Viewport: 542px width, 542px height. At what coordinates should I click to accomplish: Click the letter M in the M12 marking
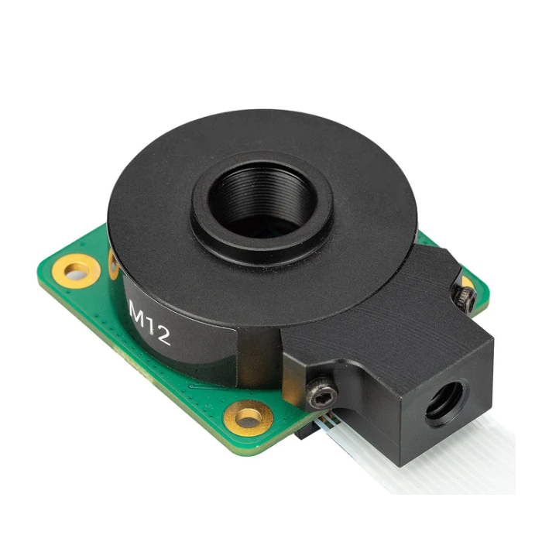point(139,312)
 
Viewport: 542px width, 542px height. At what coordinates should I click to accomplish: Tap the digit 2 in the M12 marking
point(162,335)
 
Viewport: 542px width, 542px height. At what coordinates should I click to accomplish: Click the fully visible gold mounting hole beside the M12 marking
point(77,271)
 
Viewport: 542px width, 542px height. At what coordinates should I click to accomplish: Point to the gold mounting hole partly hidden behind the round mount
point(113,263)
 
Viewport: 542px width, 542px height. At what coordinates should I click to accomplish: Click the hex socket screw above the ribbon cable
point(321,395)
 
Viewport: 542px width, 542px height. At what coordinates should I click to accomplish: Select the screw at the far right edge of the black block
point(465,298)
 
